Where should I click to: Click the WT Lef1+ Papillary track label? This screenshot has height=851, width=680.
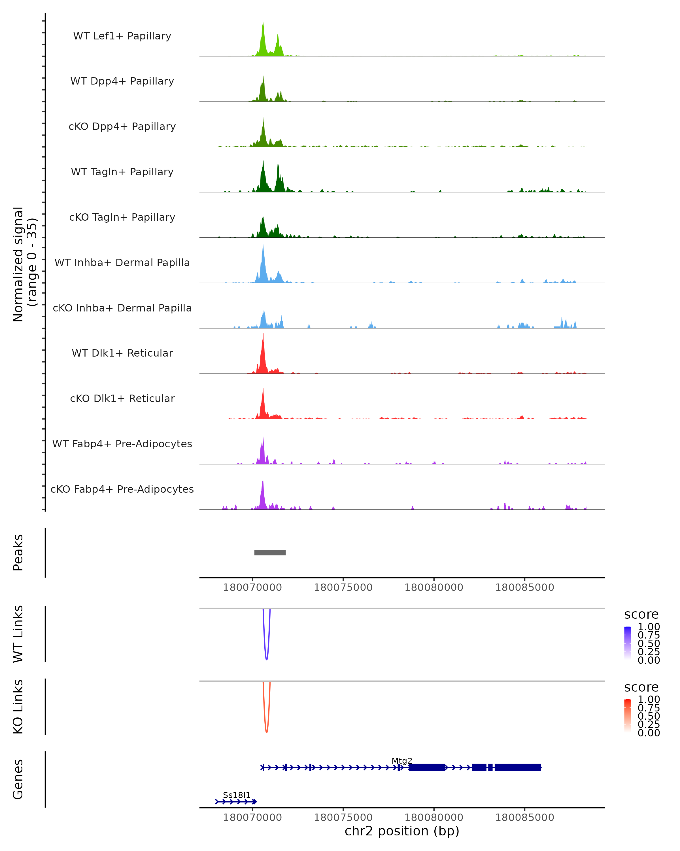(122, 36)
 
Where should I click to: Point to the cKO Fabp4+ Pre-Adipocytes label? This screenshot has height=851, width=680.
(122, 489)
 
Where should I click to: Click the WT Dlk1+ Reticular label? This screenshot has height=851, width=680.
(122, 353)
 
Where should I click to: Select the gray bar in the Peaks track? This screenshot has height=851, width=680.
(270, 553)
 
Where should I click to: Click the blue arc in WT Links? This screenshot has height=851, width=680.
(267, 658)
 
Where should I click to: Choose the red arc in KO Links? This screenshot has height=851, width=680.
(267, 731)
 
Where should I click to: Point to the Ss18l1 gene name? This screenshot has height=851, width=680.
(237, 795)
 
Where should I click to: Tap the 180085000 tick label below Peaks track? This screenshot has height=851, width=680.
(525, 587)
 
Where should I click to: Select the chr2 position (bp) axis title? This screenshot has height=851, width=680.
(402, 831)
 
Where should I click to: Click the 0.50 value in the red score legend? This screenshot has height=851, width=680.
(649, 716)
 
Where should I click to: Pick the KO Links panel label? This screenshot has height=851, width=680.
(18, 707)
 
